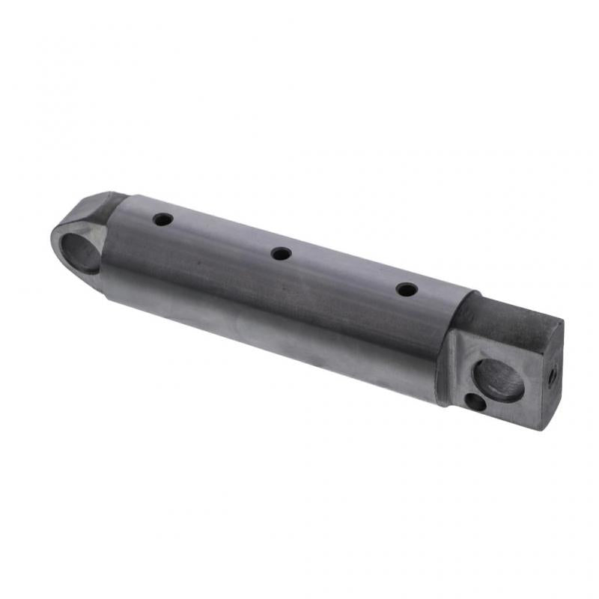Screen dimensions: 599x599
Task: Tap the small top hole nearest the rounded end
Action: click(162, 220)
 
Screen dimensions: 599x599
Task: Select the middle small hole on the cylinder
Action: click(281, 254)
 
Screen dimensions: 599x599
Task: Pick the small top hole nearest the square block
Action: click(407, 288)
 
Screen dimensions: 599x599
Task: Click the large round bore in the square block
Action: click(500, 378)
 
